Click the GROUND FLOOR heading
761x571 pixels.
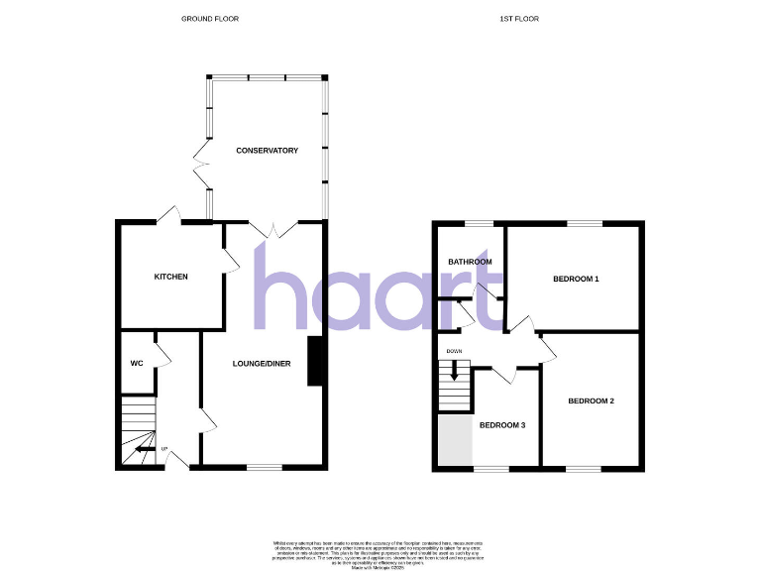[210, 19]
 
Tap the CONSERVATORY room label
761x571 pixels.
[267, 151]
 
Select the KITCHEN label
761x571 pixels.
[170, 277]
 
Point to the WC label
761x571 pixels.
[137, 364]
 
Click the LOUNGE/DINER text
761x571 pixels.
[262, 364]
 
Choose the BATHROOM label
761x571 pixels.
[470, 262]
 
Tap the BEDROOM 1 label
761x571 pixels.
[576, 279]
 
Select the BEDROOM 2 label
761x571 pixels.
[591, 400]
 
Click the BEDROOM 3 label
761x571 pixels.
[502, 425]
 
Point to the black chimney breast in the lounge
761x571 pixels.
[316, 361]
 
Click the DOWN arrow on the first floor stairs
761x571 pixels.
[455, 371]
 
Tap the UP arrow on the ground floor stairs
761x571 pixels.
[143, 449]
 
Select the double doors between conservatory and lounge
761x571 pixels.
[274, 230]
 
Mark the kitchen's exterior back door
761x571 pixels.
[168, 215]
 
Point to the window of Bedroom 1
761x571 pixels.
[584, 223]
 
